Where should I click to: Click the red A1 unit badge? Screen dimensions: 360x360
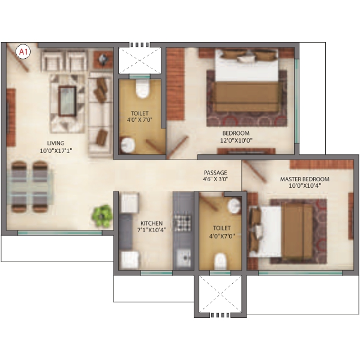pyautogui.click(x=23, y=52)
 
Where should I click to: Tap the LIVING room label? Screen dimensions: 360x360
pyautogui.click(x=56, y=143)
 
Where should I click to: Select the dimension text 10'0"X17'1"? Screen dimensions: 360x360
pyautogui.click(x=56, y=151)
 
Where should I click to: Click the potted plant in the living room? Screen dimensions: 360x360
pyautogui.click(x=103, y=216)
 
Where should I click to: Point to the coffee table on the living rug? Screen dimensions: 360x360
pyautogui.click(x=67, y=101)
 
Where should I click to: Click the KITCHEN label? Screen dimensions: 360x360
pyautogui.click(x=152, y=223)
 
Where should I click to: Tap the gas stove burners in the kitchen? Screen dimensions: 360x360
pyautogui.click(x=182, y=223)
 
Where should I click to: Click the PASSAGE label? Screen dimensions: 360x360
pyautogui.click(x=215, y=172)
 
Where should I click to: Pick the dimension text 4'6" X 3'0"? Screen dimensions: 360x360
pyautogui.click(x=215, y=179)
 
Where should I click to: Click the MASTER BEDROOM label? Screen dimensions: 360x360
pyautogui.click(x=305, y=179)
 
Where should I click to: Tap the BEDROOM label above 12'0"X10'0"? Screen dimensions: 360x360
pyautogui.click(x=236, y=133)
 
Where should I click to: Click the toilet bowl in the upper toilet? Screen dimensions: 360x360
pyautogui.click(x=143, y=89)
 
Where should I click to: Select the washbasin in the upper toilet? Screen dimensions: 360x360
pyautogui.click(x=128, y=145)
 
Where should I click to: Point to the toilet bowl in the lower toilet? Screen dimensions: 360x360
pyautogui.click(x=221, y=262)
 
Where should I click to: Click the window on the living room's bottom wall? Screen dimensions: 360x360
pyautogui.click(x=60, y=233)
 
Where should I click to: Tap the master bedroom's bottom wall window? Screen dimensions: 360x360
pyautogui.click(x=301, y=273)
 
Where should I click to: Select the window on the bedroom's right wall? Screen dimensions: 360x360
pyautogui.click(x=297, y=101)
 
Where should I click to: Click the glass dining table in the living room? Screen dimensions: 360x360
pyautogui.click(x=30, y=187)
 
